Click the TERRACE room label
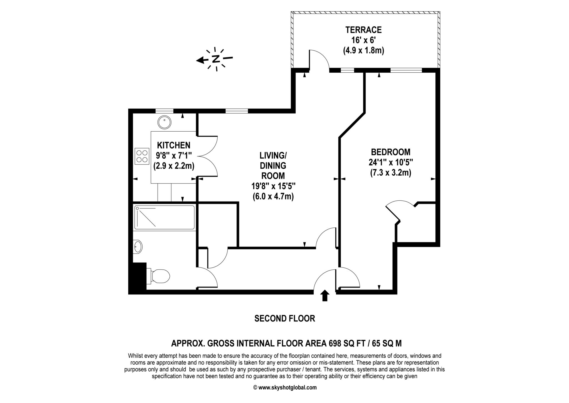pyautogui.click(x=363, y=30)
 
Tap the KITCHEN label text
pyautogui.click(x=174, y=145)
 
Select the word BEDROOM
pyautogui.click(x=391, y=152)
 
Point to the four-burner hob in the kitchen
pyautogui.click(x=142, y=156)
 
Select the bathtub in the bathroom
pyautogui.click(x=164, y=217)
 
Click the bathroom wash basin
pyautogui.click(x=138, y=247)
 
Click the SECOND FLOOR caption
pyautogui.click(x=285, y=318)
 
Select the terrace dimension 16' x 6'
pyautogui.click(x=363, y=40)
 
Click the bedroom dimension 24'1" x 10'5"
pyautogui.click(x=391, y=162)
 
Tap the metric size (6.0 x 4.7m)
pyautogui.click(x=273, y=196)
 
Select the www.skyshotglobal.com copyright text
pyautogui.click(x=285, y=387)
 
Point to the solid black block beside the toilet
pyautogui.click(x=138, y=277)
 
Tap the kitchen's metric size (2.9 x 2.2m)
pyautogui.click(x=174, y=166)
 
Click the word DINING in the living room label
pyautogui.click(x=273, y=166)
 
